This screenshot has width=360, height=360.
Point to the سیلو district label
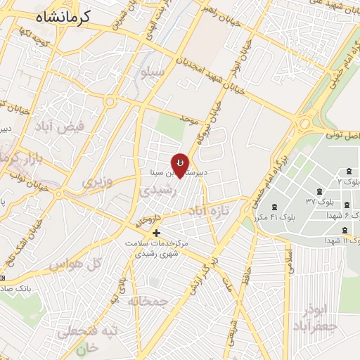coord(153,72)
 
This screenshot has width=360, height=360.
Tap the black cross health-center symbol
coord(156,233)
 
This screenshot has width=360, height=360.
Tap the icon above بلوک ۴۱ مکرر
coord(274,207)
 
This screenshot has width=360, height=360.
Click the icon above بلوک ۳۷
coord(320,192)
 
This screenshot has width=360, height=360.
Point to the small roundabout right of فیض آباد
coord(110,102)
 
